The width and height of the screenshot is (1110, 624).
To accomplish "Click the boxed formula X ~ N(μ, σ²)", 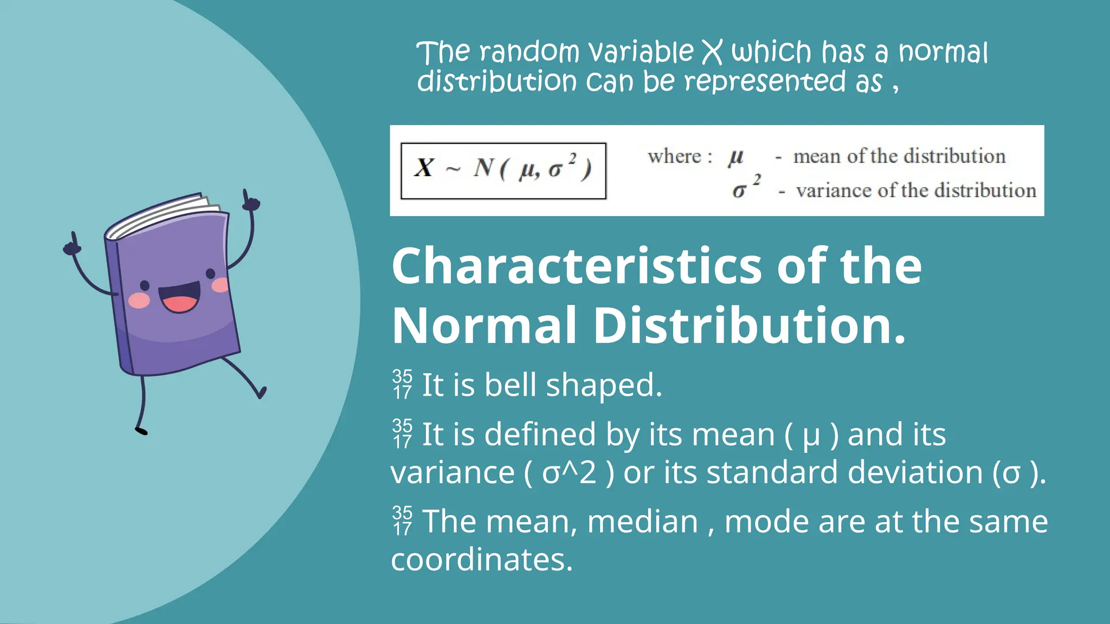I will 503,170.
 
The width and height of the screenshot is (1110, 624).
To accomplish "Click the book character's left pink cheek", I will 139,300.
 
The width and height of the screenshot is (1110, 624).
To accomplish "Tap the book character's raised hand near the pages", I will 250,201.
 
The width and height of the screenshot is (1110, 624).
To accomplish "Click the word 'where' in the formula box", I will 675,157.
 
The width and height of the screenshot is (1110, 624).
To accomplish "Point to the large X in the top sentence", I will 712,53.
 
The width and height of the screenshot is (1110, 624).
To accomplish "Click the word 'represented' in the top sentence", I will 765,82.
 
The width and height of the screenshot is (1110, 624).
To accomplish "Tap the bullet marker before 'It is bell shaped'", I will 402,384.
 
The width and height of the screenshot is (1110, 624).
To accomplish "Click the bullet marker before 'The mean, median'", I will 402,521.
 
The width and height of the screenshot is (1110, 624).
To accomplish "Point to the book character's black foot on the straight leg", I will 141,431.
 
